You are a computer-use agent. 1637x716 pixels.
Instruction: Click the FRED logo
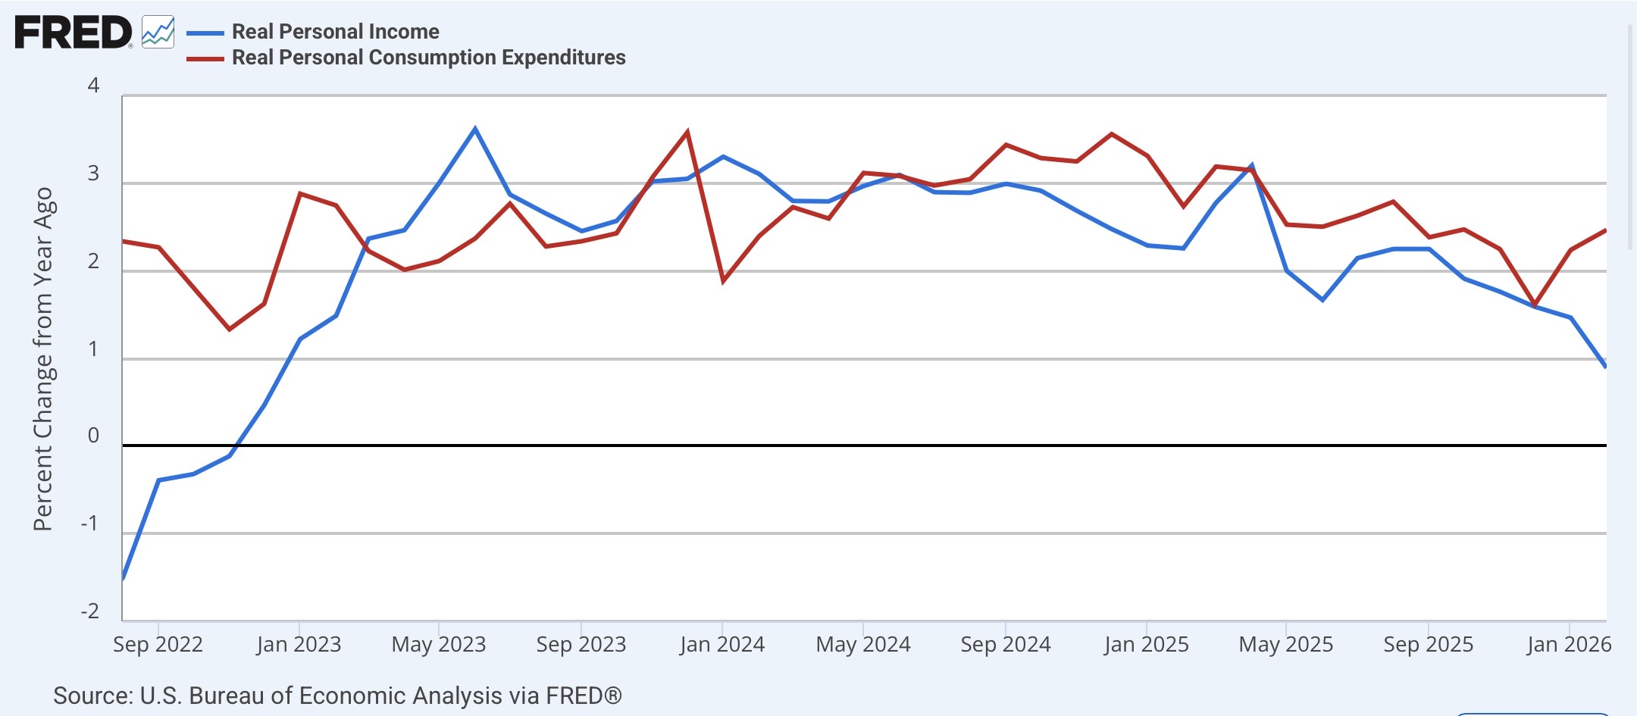pos(74,33)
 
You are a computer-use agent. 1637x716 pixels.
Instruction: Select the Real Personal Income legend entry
pos(313,32)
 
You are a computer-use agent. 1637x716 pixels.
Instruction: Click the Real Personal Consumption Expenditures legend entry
pos(406,58)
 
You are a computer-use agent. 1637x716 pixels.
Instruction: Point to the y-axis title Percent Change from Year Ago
pos(43,358)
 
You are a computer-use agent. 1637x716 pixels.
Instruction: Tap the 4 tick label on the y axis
pos(93,85)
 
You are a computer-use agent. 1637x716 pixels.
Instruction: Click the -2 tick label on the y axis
pos(89,611)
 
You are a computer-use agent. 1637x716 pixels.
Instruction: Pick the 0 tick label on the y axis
pos(93,436)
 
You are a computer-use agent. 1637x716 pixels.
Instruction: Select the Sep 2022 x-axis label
pos(158,645)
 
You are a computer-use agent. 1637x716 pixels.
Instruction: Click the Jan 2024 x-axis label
pos(722,645)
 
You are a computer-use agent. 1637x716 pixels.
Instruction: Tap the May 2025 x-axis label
pos(1286,645)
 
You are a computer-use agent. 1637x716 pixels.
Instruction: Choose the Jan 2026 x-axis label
pos(1569,645)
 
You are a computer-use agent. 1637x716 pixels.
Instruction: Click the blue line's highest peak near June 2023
pos(475,128)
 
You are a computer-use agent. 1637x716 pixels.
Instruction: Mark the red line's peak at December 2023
pos(687,132)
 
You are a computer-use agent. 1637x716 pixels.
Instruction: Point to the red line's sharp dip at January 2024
pos(723,281)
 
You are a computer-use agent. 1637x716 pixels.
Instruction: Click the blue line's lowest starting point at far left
pos(123,579)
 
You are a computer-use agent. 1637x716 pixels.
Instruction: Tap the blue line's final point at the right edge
pos(1605,367)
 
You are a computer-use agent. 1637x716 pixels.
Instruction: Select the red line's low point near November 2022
pos(230,330)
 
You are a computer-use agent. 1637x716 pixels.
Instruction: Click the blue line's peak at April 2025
pos(1251,165)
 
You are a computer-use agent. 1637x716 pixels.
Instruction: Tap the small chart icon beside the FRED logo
pos(158,32)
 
